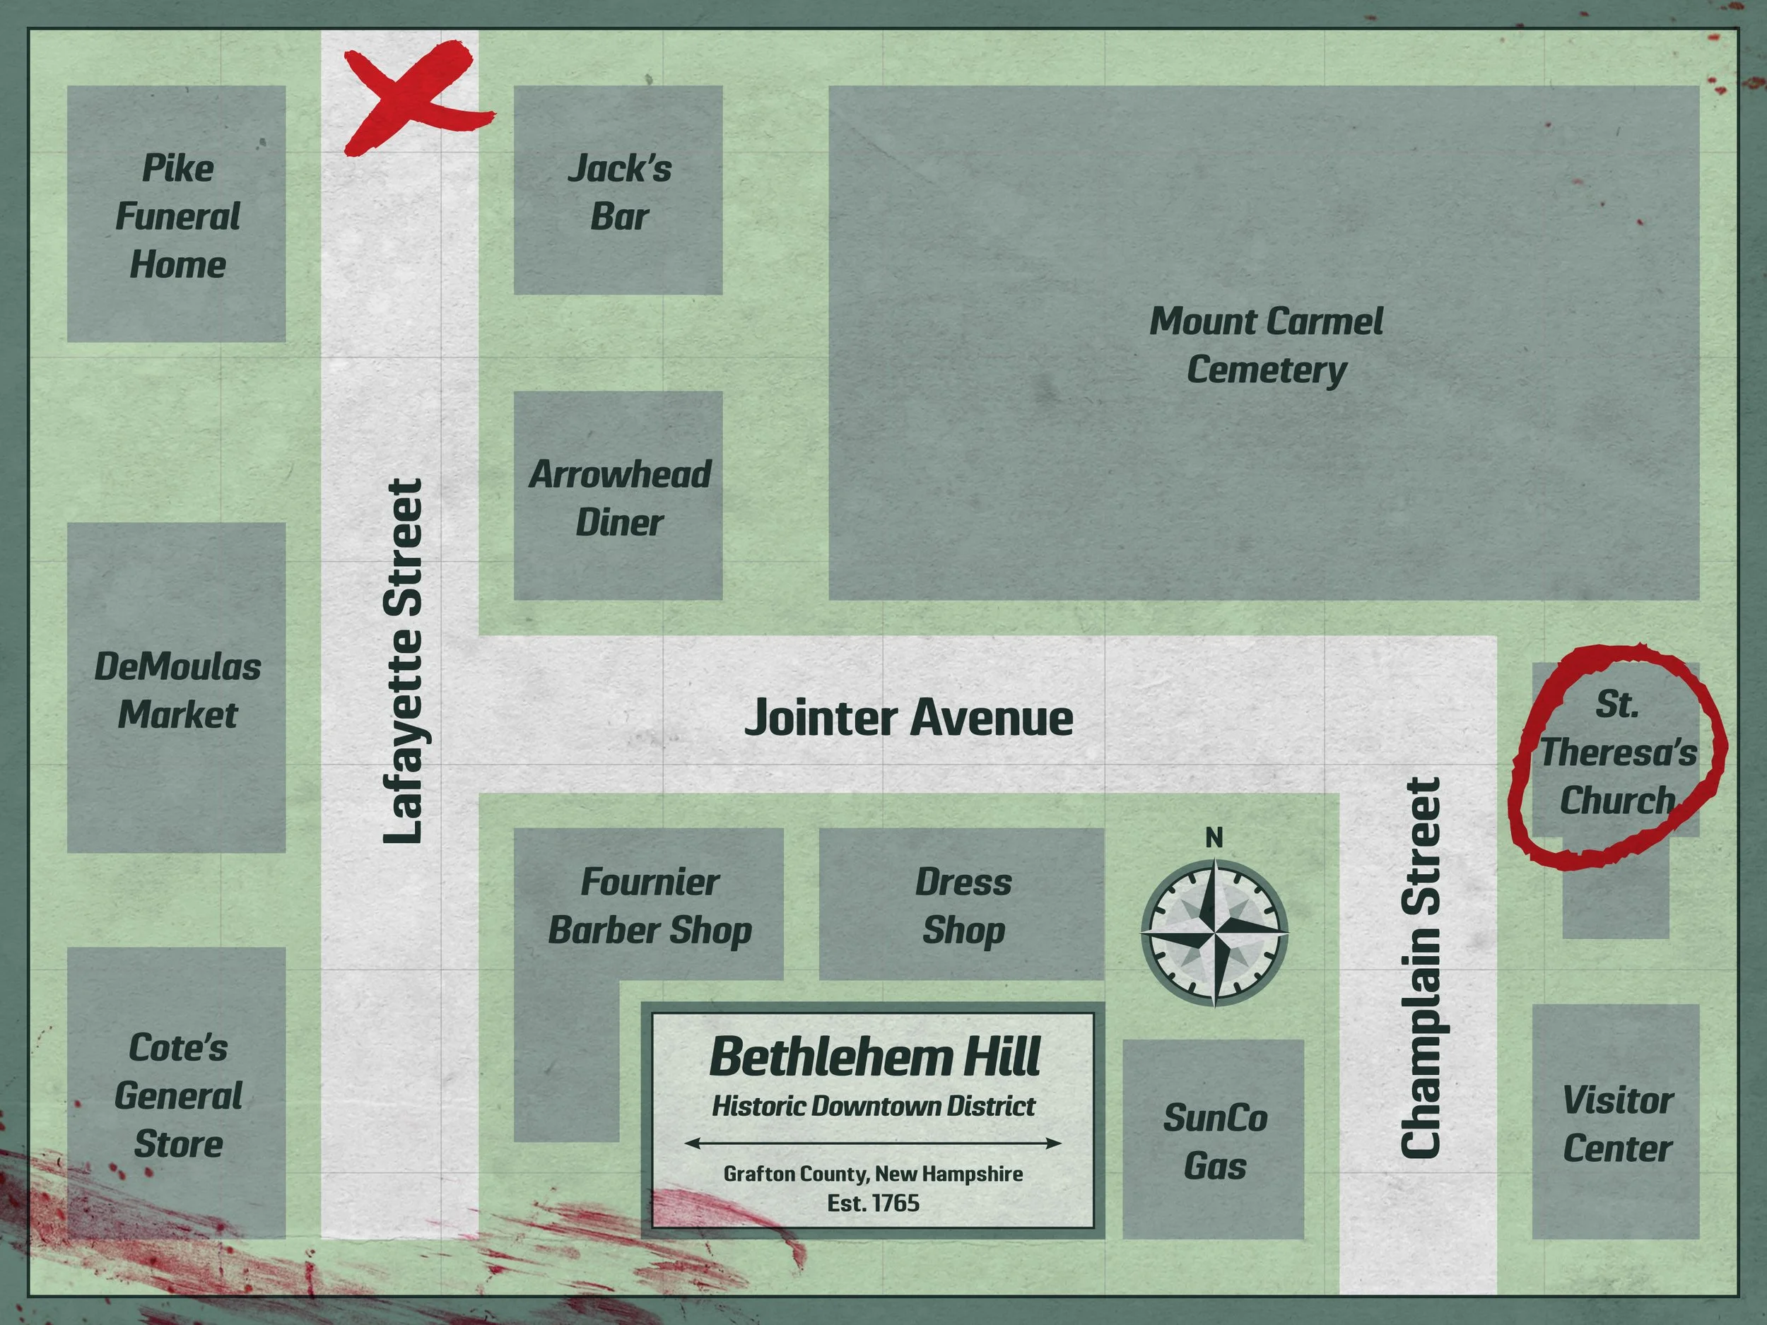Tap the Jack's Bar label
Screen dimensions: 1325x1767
tap(619, 192)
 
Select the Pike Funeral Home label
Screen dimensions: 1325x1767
tap(177, 216)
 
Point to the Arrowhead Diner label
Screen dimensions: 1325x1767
tap(619, 497)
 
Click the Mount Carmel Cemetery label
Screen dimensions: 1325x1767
tap(1266, 345)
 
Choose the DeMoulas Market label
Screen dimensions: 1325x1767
tap(177, 690)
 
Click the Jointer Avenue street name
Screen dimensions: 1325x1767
tap(908, 717)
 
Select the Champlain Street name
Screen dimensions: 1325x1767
tap(1421, 967)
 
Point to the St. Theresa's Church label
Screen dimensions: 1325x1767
tap(1617, 753)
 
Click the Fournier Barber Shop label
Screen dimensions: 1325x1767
tap(650, 906)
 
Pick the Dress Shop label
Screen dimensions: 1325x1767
tap(963, 906)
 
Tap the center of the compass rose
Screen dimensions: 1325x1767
tap(1214, 932)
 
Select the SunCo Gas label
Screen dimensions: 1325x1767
tap(1214, 1141)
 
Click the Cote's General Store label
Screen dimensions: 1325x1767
tap(177, 1095)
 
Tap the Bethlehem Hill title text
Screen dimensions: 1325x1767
tap(874, 1056)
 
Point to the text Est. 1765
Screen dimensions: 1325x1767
tap(873, 1203)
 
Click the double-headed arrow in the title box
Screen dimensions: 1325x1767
tap(873, 1143)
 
